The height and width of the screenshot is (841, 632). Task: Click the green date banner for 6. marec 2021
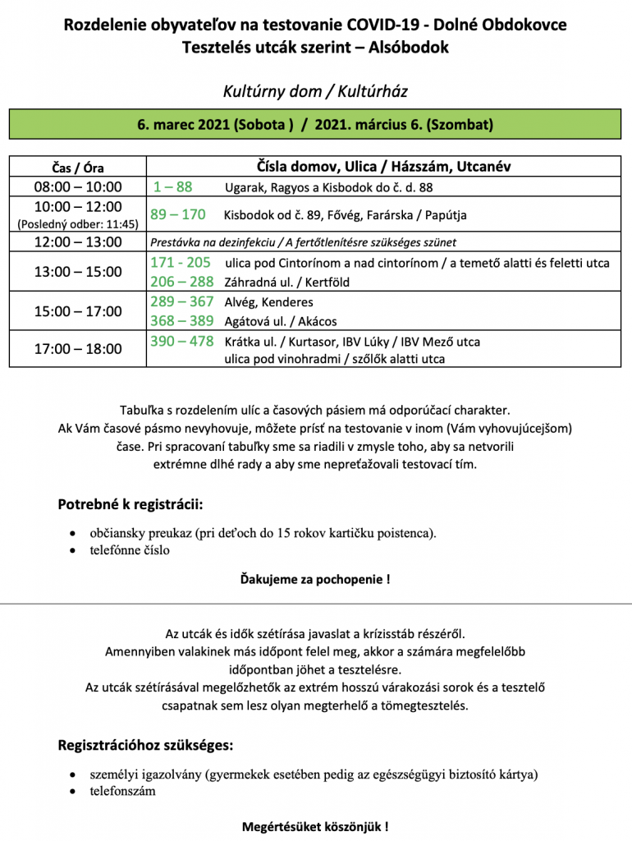pyautogui.click(x=315, y=125)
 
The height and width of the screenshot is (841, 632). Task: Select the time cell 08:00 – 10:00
pyautogui.click(x=78, y=186)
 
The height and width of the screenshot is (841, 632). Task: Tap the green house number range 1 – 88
pyautogui.click(x=172, y=186)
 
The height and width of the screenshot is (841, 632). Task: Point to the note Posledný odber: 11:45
pyautogui.click(x=78, y=223)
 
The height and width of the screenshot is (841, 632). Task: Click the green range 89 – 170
pyautogui.click(x=177, y=215)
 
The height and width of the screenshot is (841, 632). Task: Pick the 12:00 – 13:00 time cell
pyautogui.click(x=78, y=242)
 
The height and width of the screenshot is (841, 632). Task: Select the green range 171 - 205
pyautogui.click(x=181, y=263)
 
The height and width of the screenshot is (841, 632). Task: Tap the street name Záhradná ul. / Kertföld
pyautogui.click(x=281, y=282)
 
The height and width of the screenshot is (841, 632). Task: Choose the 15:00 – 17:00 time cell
pyautogui.click(x=78, y=311)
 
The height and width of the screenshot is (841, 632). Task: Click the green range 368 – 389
pyautogui.click(x=181, y=321)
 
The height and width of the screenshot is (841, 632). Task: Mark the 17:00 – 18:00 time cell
pyautogui.click(x=78, y=349)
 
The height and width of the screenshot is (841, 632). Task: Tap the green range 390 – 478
pyautogui.click(x=181, y=341)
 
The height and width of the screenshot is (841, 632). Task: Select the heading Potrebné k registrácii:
pyautogui.click(x=131, y=503)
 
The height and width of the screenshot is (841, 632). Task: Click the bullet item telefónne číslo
pyautogui.click(x=130, y=550)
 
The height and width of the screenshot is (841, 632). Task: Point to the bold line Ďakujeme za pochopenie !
pyautogui.click(x=315, y=579)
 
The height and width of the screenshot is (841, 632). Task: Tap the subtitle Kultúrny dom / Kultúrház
pyautogui.click(x=315, y=91)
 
